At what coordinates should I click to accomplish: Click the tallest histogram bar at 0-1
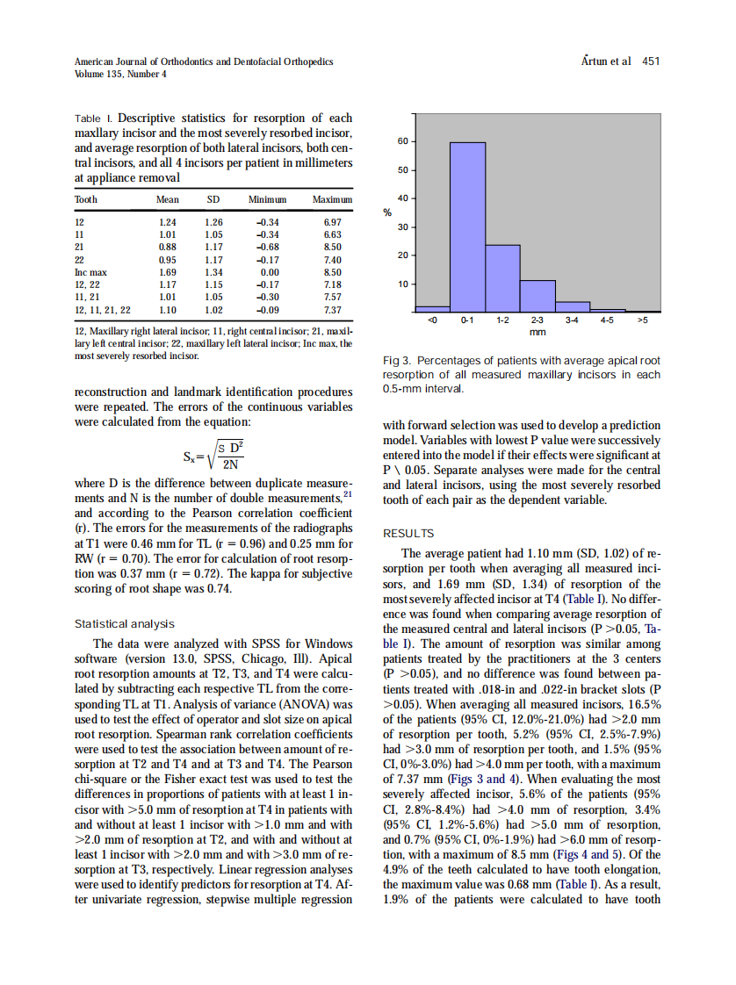coord(467,226)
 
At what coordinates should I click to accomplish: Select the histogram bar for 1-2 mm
coord(502,277)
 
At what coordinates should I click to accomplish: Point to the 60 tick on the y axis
coord(403,141)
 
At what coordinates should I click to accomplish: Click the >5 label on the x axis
coord(642,322)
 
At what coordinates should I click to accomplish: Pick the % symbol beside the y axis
coord(387,213)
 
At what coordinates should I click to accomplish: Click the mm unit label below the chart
coord(538,334)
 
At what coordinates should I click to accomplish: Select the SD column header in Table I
coord(213,200)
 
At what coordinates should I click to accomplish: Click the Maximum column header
coord(332,200)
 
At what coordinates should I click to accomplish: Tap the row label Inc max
coord(90,272)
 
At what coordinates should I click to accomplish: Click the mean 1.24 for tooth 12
coord(167,223)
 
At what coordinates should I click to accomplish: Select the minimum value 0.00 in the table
coord(270,272)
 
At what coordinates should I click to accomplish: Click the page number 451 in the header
coord(651,61)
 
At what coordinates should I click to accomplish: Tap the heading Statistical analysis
coord(125,624)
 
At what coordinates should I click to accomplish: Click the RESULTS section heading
coord(409,533)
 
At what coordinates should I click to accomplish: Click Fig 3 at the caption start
coord(398,361)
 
